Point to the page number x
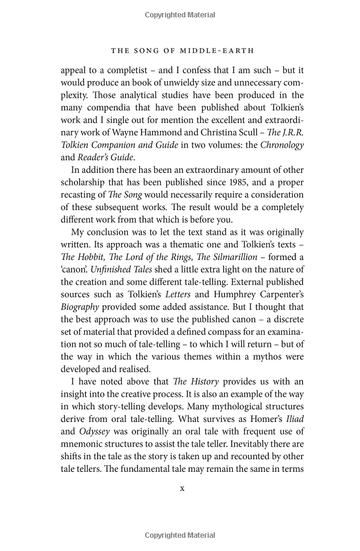(x=182, y=488)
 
